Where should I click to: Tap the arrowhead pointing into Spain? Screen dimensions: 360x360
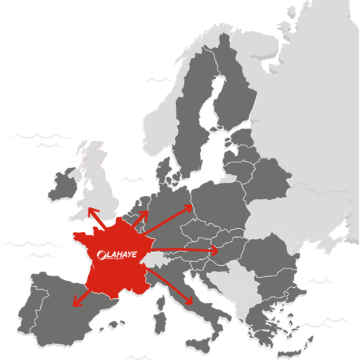coord(75,303)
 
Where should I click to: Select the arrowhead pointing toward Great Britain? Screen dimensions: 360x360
coord(90,210)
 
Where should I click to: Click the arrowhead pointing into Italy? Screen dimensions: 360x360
coord(190,301)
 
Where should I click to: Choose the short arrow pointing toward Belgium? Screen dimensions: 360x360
coord(144,214)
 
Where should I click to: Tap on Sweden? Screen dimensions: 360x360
coord(195,111)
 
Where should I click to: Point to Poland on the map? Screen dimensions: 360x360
coord(218,201)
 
